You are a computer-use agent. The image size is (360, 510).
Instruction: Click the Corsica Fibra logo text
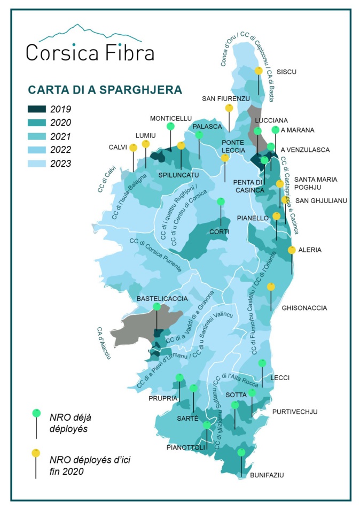point(90,52)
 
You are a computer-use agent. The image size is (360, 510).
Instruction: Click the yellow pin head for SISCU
point(259,71)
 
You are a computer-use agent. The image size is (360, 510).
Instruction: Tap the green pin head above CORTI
point(221,202)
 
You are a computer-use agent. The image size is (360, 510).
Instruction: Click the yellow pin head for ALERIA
point(292,250)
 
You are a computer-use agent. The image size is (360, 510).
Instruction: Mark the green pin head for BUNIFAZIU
point(241,452)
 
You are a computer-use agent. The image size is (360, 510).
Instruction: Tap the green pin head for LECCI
point(262,364)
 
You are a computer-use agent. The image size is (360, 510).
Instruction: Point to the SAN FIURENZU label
point(226,98)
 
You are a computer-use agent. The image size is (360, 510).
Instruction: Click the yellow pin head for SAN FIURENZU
point(229,108)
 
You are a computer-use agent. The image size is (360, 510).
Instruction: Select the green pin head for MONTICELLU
point(170,127)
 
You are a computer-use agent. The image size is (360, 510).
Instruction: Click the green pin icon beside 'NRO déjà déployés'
point(36,413)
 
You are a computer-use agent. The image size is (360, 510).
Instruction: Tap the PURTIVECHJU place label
point(295,412)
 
